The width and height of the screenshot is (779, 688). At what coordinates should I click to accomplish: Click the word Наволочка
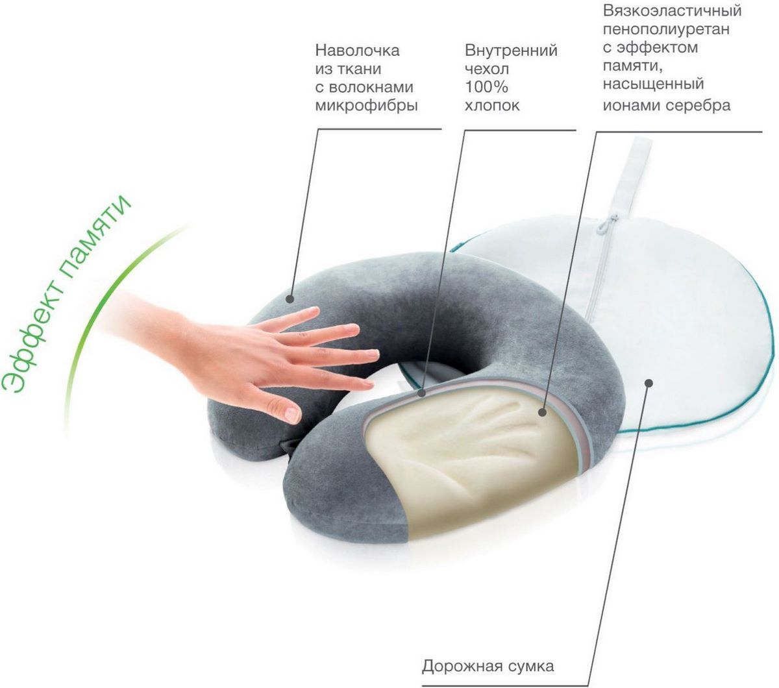357,51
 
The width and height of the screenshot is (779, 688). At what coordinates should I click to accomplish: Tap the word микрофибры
366,105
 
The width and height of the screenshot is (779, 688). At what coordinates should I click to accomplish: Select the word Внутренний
511,50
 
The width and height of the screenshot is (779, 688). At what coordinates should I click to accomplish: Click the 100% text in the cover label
486,87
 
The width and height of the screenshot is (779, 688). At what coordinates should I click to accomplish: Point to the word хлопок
492,105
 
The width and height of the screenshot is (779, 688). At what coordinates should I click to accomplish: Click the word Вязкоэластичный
672,10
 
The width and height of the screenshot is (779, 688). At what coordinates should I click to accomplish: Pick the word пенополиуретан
666,29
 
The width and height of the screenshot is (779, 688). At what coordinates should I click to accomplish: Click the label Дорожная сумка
488,654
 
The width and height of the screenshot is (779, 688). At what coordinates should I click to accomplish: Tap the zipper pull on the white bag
607,224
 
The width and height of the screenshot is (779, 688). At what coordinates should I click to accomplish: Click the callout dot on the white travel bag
649,383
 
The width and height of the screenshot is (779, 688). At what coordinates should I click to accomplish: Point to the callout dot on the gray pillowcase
290,299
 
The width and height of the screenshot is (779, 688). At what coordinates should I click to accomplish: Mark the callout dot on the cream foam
542,412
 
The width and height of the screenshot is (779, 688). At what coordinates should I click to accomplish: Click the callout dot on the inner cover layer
422,393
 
